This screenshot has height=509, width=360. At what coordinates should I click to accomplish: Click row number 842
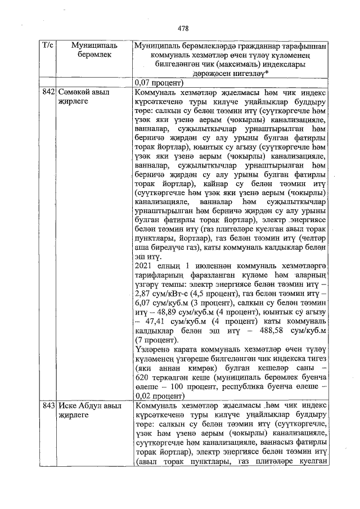(48, 91)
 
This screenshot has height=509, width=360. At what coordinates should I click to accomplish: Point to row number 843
(48, 406)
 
